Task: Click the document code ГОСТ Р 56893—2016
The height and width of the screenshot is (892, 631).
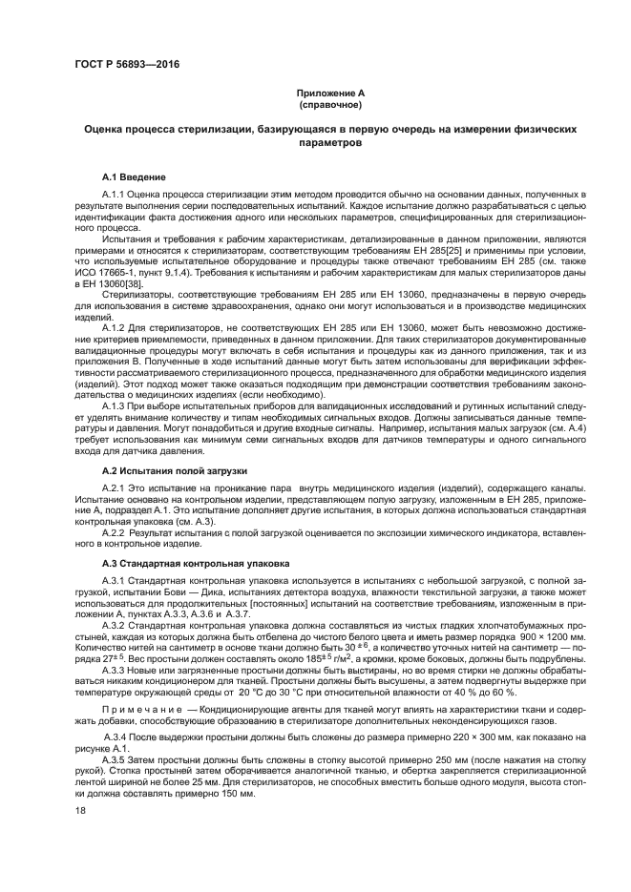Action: click(x=126, y=65)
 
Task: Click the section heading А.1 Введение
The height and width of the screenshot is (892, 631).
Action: click(x=134, y=176)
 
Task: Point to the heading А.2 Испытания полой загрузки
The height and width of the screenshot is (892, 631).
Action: click(x=175, y=470)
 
